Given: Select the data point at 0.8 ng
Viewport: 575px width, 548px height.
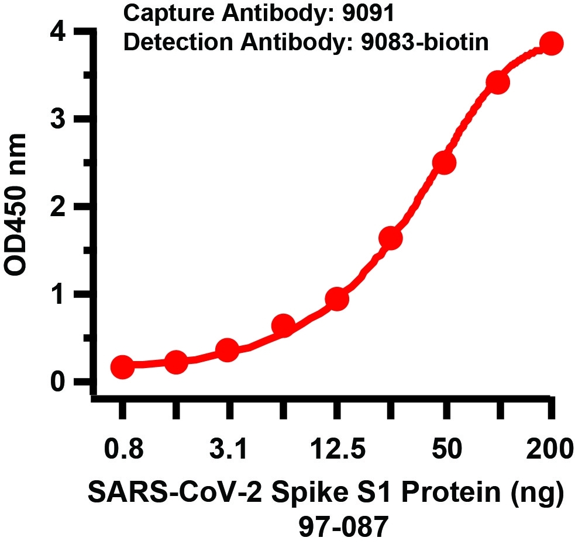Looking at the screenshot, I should pos(122,367).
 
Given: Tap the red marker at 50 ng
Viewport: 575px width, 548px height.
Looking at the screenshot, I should pos(444,164).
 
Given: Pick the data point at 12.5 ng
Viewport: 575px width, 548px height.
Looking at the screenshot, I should pos(337,299).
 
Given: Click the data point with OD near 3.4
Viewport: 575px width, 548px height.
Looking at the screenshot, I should pos(498,82).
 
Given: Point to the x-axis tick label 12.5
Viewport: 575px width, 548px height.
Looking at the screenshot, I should pos(338,451).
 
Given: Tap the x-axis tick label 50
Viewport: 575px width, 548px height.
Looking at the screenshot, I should pos(445,451).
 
